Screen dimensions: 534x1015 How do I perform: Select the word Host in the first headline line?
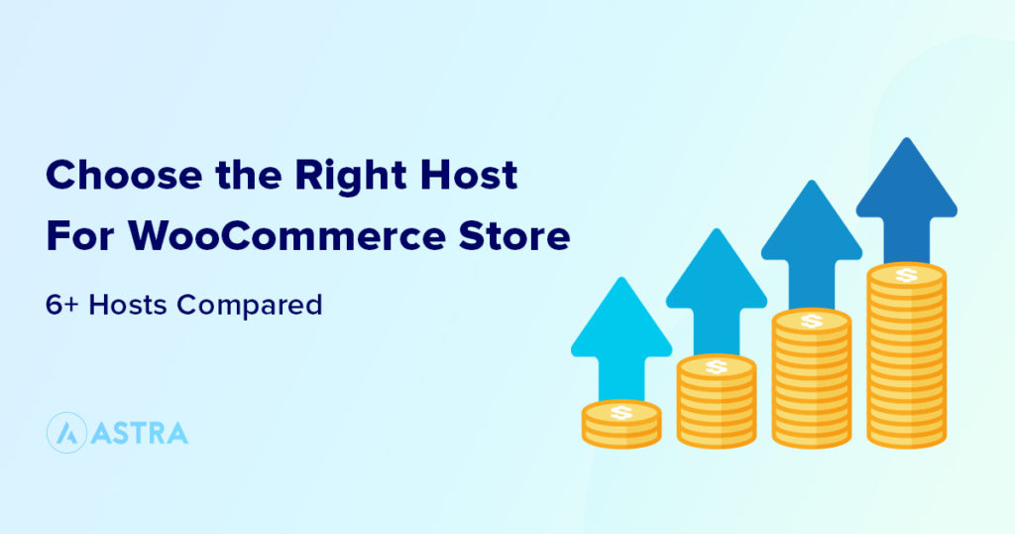point(474,177)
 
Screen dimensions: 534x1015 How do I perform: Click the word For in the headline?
point(78,238)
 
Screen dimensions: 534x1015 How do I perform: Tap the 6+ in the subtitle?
point(61,305)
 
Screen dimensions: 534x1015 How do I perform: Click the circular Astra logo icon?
point(65,434)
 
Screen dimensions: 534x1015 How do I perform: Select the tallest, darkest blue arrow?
point(906,199)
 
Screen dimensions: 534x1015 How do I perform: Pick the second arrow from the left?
point(716,288)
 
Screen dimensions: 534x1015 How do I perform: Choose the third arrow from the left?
point(811,243)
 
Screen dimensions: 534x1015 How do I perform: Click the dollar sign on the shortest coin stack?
point(621,411)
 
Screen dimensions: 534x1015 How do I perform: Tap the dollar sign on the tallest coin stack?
point(906,275)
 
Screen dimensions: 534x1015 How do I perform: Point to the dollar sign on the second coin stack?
point(716,366)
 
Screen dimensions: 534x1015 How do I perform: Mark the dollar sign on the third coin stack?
point(811,321)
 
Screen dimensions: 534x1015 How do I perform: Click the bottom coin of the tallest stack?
point(906,437)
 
